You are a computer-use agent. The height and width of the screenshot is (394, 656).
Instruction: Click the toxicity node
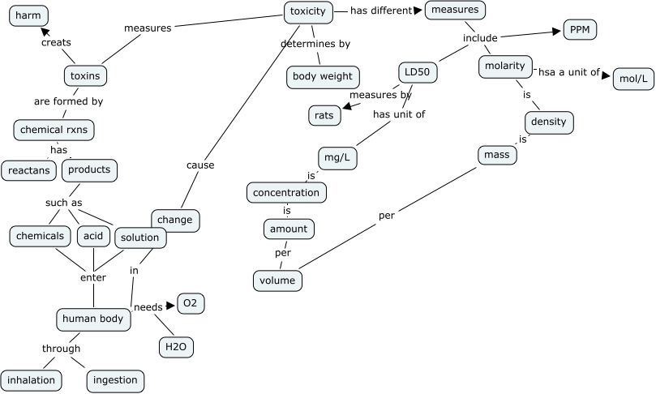[x=308, y=11]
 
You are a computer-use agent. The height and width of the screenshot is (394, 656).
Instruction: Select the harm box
[x=28, y=15]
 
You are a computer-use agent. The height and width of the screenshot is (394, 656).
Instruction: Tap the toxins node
[x=85, y=76]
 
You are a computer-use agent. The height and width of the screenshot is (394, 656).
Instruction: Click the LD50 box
[x=418, y=73]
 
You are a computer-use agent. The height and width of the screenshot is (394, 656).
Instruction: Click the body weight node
[x=322, y=77]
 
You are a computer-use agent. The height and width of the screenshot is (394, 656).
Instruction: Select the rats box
[x=324, y=115]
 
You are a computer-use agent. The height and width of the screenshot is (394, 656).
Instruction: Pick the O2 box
[x=190, y=304]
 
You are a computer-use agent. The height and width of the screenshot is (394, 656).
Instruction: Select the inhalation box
[x=32, y=379]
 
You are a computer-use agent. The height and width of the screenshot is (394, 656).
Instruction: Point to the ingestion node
[x=115, y=379]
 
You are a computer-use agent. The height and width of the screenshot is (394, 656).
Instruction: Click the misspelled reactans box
[x=28, y=170]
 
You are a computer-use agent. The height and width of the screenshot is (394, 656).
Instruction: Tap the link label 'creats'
[x=56, y=43]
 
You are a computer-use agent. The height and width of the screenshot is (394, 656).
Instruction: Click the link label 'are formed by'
[x=68, y=102]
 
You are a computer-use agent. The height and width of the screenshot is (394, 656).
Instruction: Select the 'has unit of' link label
[x=399, y=114]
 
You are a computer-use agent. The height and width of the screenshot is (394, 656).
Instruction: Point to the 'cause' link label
[x=200, y=165]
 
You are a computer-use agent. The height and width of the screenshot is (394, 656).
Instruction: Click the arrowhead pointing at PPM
[x=556, y=32]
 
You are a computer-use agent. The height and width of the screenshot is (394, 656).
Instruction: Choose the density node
[x=549, y=122]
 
